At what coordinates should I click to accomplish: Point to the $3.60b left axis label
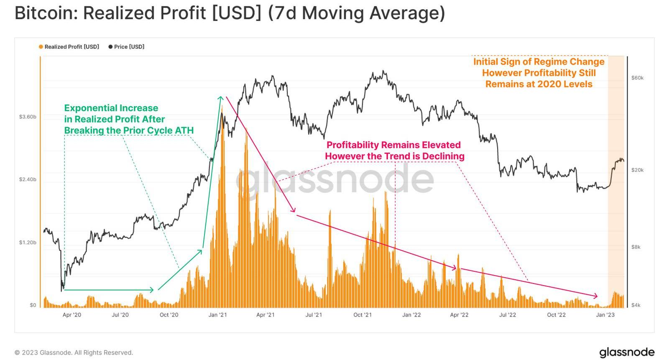point(28,117)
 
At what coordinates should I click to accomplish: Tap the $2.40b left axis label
point(28,179)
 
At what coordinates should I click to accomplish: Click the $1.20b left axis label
point(28,243)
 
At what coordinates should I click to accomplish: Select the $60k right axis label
point(637,78)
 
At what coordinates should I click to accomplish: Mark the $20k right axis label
point(637,170)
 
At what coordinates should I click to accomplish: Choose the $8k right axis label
point(636,247)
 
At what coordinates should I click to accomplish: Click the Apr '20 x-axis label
point(72,315)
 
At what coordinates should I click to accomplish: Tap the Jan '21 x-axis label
point(217,315)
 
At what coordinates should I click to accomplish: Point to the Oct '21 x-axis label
point(363,315)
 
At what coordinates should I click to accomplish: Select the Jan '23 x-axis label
point(605,315)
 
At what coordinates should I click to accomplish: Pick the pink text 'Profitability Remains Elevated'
point(393,145)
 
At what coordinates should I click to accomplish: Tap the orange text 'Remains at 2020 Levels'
point(539,84)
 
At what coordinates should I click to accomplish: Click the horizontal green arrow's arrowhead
point(152,290)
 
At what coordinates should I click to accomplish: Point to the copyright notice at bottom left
point(74,352)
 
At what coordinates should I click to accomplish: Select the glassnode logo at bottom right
point(627,352)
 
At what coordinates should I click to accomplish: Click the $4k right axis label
point(636,305)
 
